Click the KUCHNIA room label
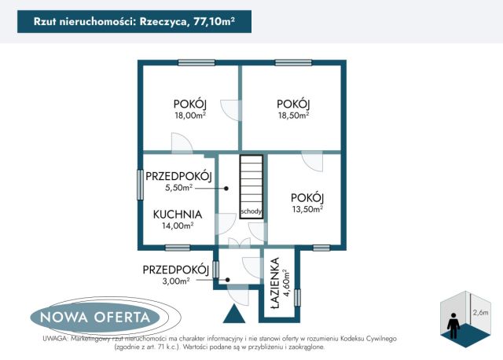(x=178, y=214)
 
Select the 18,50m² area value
(x=293, y=116)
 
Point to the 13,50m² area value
(x=307, y=209)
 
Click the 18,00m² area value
(x=190, y=116)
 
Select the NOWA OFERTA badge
(x=94, y=317)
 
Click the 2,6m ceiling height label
(x=480, y=312)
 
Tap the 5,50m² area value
(x=179, y=189)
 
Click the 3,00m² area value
(x=175, y=281)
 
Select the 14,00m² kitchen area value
(x=178, y=226)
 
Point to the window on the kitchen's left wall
(x=140, y=186)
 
